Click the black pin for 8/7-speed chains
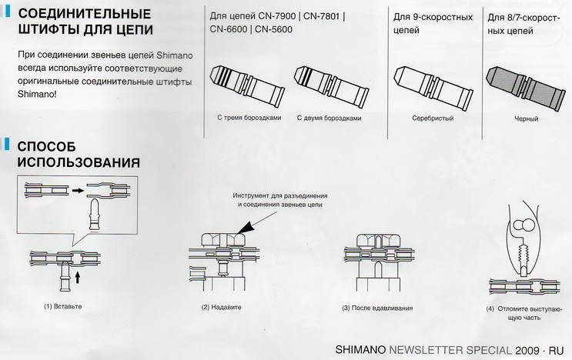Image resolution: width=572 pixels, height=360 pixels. point(523,89)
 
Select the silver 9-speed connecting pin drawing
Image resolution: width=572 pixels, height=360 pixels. point(433,88)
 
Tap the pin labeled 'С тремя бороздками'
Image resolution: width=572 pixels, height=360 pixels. point(248,86)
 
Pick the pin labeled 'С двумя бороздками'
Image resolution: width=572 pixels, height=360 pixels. point(331,86)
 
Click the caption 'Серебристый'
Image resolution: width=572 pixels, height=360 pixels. point(433,118)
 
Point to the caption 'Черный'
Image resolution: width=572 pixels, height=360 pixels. point(527,118)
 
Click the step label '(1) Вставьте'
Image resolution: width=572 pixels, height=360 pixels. point(63,306)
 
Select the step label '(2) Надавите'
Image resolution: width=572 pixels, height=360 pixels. point(222,307)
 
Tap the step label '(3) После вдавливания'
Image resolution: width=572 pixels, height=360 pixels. point(377,308)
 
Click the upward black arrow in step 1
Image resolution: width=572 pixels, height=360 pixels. point(77,278)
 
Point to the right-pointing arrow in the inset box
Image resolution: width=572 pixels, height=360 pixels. point(78,190)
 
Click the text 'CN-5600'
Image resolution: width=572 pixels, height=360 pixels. point(273,29)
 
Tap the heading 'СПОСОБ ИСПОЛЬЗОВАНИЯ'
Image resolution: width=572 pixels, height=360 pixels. point(79,154)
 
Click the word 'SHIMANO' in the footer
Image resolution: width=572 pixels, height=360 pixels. point(360,350)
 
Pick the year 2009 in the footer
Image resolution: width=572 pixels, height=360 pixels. point(527,350)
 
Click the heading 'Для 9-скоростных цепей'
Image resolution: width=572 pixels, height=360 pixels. point(433,24)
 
